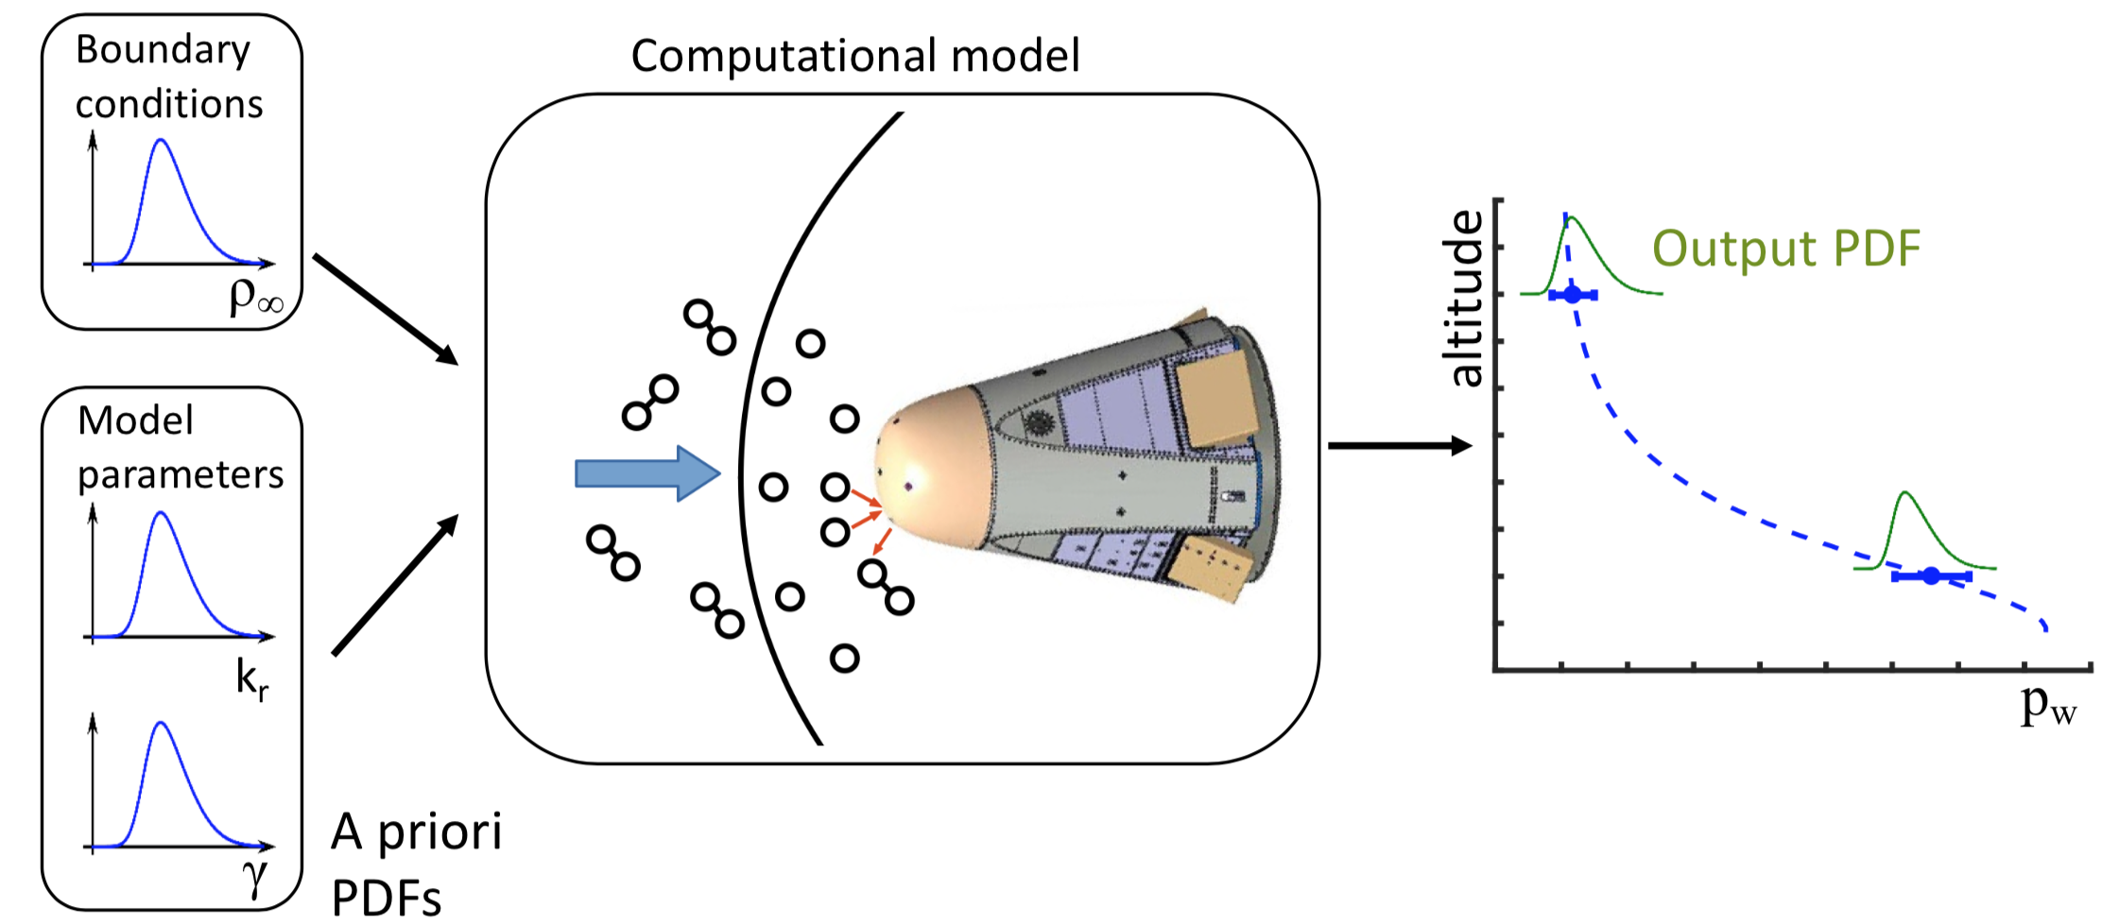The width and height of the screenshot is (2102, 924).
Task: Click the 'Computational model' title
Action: (x=854, y=57)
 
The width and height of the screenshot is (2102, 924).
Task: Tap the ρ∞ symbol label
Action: (x=255, y=296)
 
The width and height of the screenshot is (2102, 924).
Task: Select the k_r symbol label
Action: (x=251, y=679)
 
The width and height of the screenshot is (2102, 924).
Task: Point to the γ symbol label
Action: (x=255, y=875)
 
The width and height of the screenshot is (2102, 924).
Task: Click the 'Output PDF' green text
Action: (x=1785, y=248)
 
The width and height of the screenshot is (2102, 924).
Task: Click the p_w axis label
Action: (x=2047, y=704)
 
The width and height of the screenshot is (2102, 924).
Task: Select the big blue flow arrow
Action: (x=647, y=473)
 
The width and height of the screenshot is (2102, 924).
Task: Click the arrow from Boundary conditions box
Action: (x=386, y=309)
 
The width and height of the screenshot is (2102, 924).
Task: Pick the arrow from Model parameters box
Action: (x=395, y=585)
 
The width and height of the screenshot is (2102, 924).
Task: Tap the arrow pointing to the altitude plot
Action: (x=1400, y=445)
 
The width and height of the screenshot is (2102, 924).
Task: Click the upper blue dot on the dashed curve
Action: (x=1572, y=295)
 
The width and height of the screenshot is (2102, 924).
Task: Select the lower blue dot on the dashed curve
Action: (x=1931, y=575)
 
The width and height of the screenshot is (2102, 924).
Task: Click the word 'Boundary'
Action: (x=163, y=50)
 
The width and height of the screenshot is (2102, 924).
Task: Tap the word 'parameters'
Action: (x=180, y=474)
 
